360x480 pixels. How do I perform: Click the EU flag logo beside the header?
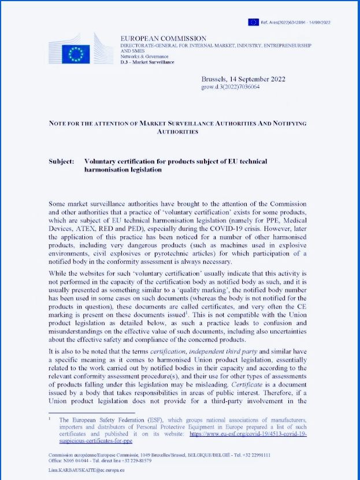[76, 54]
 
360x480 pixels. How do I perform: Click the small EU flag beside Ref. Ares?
[253, 22]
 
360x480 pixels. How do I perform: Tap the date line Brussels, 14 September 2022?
[243, 79]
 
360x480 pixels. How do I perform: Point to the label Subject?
[61, 161]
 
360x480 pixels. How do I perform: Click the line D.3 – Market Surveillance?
[147, 62]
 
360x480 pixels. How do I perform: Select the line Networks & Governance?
[144, 57]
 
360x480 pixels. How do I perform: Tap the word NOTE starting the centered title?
[60, 124]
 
